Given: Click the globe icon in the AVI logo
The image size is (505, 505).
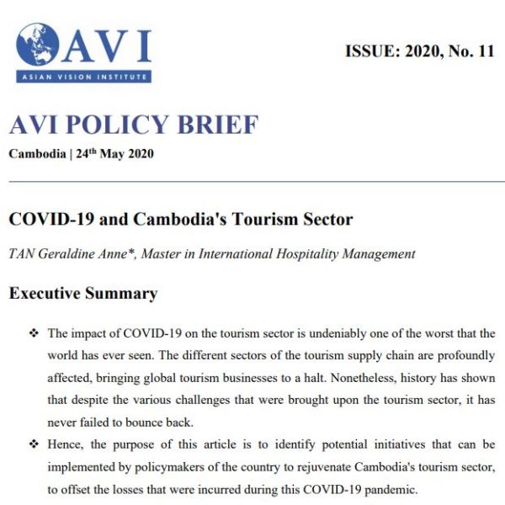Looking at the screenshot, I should [x=37, y=45].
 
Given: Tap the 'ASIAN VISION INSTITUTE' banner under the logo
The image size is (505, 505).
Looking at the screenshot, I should [x=82, y=77].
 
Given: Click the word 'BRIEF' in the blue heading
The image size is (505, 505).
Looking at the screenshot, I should [x=221, y=126].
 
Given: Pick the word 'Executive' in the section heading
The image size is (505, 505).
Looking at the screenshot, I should [x=44, y=294].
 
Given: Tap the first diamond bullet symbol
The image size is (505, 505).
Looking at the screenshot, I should [x=34, y=334].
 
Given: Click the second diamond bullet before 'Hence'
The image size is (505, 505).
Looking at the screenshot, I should [x=34, y=444].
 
